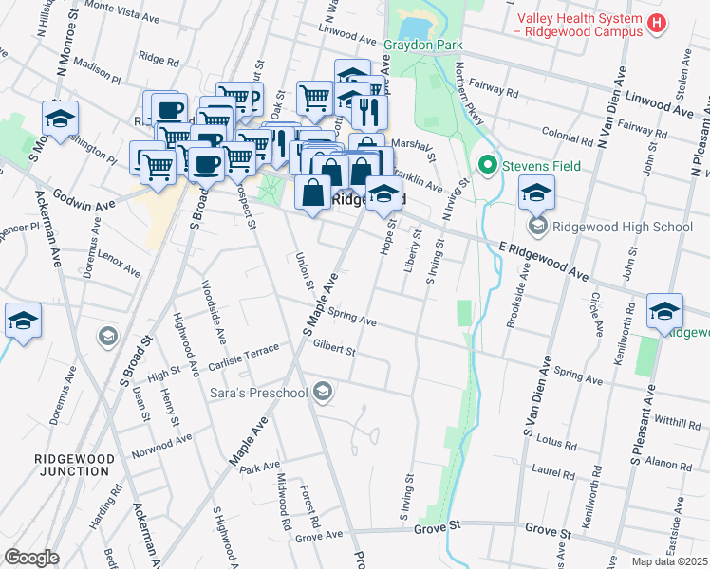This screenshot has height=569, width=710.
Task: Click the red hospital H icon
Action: pyautogui.click(x=654, y=25)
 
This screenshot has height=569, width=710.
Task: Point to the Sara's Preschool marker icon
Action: pyautogui.click(x=323, y=392)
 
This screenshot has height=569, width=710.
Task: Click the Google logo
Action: pyautogui.click(x=31, y=558)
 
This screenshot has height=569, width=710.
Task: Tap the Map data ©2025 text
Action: pyautogui.click(x=669, y=561)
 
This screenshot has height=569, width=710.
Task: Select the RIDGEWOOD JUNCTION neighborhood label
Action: pyautogui.click(x=74, y=465)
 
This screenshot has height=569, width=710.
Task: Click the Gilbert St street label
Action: pyautogui.click(x=333, y=350)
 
